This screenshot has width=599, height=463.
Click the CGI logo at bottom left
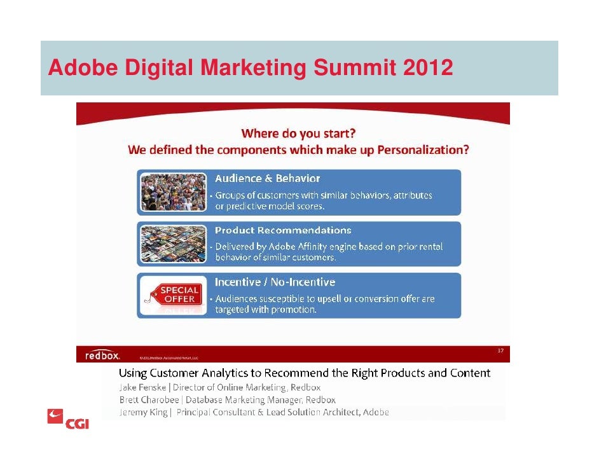tap(68, 420)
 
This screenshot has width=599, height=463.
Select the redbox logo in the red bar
tap(102, 355)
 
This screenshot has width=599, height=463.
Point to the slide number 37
tap(500, 350)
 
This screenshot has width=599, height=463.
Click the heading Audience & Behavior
tap(267, 179)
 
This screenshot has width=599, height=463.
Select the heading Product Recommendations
tap(283, 230)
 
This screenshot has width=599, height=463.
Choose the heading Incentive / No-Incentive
tap(275, 282)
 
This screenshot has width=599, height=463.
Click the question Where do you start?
tap(298, 134)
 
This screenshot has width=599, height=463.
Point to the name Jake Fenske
tap(142, 387)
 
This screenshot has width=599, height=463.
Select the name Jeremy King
tap(144, 412)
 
